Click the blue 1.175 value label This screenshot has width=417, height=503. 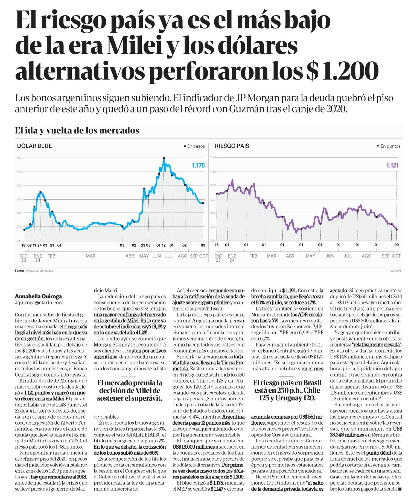198,165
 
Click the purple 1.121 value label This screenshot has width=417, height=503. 392,165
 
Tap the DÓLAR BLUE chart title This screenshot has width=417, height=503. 34,146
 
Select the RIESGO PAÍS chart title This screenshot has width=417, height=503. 232,146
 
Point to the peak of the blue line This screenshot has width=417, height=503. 164,158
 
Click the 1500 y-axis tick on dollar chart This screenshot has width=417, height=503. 19,158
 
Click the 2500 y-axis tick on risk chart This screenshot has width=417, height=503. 213,157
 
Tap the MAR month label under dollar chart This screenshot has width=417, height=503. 91,256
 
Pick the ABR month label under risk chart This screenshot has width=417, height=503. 290,256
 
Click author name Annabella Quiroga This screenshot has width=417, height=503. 38,296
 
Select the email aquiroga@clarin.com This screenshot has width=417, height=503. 39,303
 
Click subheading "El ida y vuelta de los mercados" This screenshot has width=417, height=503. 77,131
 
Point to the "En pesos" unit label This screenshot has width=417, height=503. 194,146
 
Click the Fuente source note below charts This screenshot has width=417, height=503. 34,271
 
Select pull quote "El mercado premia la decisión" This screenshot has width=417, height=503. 130,390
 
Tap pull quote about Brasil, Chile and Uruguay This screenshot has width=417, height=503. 287,390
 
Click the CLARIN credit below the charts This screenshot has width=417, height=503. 395,271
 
